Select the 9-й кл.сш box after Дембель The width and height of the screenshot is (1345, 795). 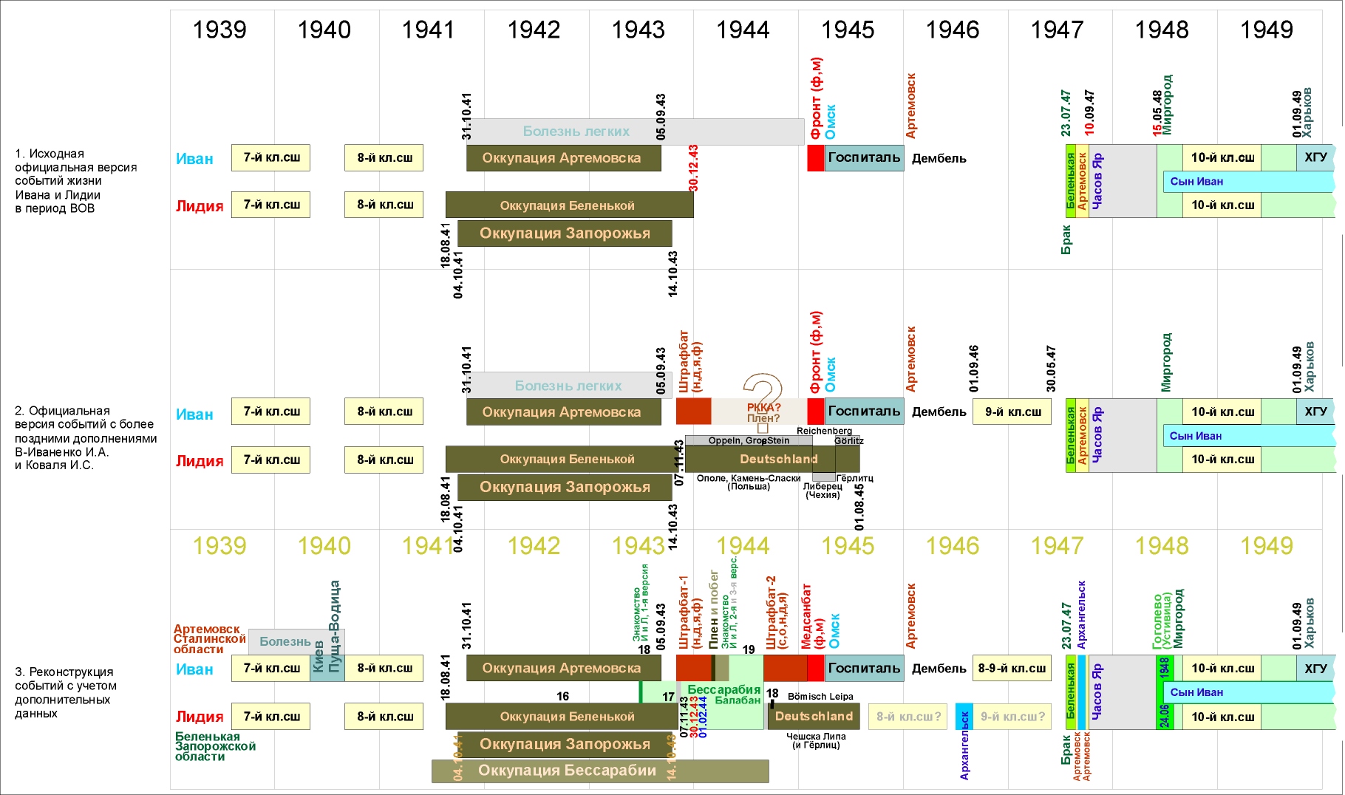[1012, 412]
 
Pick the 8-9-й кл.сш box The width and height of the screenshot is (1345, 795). [1012, 668]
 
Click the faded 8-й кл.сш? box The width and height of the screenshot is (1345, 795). [908, 716]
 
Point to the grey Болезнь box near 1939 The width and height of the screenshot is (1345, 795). [285, 641]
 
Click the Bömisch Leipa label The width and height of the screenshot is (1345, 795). [820, 696]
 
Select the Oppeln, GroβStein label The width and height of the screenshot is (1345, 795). [749, 440]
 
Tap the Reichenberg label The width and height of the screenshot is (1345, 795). [824, 431]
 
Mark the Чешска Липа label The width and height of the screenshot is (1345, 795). [816, 736]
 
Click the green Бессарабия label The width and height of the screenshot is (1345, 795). [723, 689]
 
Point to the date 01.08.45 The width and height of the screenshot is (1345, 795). [859, 507]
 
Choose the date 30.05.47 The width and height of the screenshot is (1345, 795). [1051, 369]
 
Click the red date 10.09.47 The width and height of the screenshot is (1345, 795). [1089, 112]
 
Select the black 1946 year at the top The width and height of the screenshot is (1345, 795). [953, 30]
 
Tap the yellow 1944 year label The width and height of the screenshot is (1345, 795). [743, 546]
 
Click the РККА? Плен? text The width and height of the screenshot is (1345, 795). [763, 412]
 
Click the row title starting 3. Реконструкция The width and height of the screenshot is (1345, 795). [65, 692]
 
